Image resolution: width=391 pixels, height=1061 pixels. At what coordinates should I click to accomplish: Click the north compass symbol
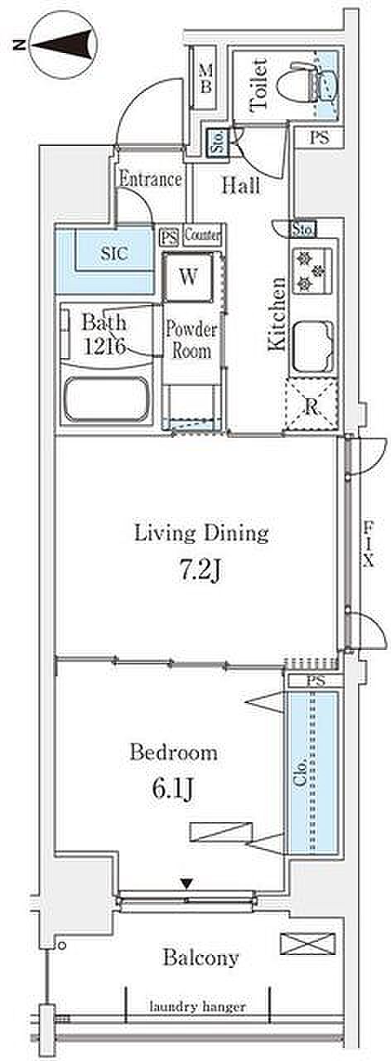tap(63, 46)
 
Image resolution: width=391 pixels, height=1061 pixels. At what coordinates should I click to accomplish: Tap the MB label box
tap(205, 79)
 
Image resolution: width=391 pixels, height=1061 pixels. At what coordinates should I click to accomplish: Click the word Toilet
tap(258, 85)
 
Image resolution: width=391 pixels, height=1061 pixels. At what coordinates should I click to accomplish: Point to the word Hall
tap(241, 186)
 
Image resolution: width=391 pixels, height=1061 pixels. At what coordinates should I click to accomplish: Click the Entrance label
tap(150, 178)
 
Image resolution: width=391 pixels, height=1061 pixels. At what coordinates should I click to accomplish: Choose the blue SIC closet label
tap(114, 253)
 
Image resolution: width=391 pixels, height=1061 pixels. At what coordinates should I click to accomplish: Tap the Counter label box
tap(203, 235)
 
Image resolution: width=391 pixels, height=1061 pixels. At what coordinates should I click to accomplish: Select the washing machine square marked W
tap(188, 277)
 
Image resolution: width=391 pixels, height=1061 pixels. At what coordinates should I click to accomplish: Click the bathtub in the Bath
tap(107, 400)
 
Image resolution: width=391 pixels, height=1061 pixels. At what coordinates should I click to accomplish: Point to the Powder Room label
tap(191, 340)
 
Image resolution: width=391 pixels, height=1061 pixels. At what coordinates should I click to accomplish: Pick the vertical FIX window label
tap(369, 543)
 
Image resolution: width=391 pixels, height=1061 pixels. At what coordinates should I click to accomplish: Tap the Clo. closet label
tap(300, 772)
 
